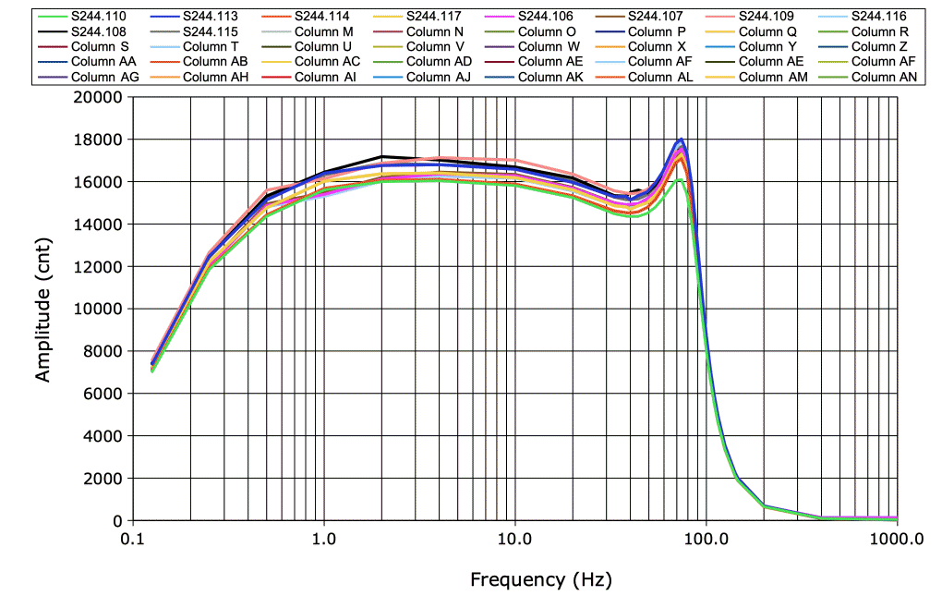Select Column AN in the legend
click(883, 77)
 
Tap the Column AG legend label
click(104, 77)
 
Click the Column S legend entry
click(100, 46)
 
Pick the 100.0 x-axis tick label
click(706, 538)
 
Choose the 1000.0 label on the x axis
click(896, 538)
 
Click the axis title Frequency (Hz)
click(540, 580)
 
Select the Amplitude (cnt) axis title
click(42, 308)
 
